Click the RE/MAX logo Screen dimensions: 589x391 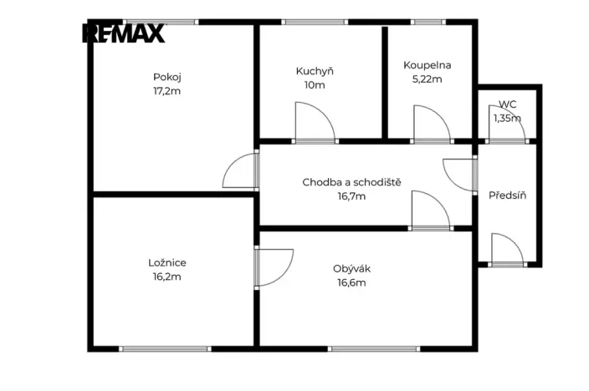[124, 33]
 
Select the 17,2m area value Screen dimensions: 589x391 [167, 91]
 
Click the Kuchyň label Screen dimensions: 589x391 [315, 71]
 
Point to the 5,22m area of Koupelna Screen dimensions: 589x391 [427, 79]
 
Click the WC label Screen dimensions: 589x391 [507, 104]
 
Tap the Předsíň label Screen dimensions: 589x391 [507, 195]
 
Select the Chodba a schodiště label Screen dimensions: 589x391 [351, 182]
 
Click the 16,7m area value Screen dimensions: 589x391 [351, 196]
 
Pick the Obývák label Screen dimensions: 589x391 [351, 269]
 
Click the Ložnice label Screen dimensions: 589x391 [167, 262]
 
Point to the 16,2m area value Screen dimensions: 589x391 [167, 277]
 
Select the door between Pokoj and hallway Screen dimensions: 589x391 [241, 170]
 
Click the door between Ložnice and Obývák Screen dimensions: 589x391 [274, 267]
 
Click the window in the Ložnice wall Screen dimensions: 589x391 [165, 349]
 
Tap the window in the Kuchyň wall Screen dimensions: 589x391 [315, 22]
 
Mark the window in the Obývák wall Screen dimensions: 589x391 [374, 349]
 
